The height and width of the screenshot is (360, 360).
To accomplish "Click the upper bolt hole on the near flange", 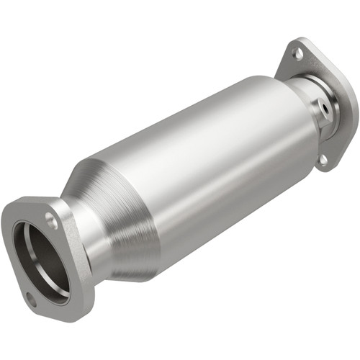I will point(53,222).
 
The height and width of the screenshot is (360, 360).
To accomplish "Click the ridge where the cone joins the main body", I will point(155,209).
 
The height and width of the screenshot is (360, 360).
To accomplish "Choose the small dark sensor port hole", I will point(324,110).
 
